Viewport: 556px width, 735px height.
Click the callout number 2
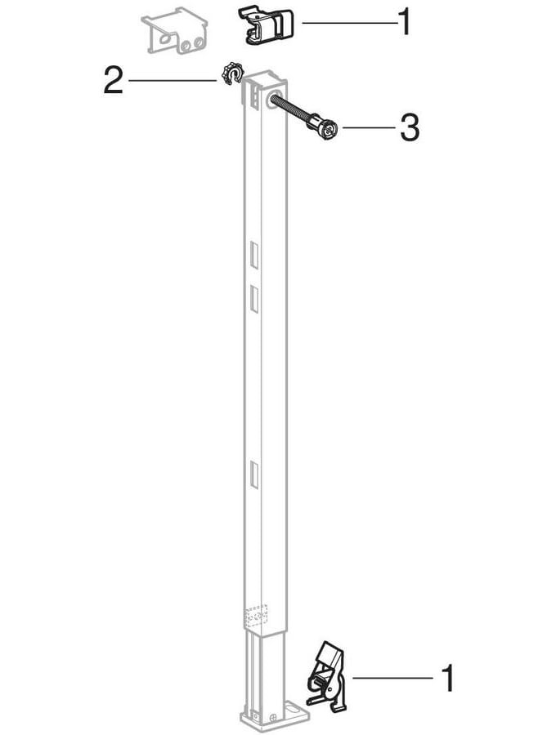(113, 81)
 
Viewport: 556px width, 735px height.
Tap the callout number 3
(409, 127)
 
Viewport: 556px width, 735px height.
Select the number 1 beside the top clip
(405, 22)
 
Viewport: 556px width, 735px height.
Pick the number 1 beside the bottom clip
(449, 677)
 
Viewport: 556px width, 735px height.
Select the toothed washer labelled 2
(231, 73)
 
